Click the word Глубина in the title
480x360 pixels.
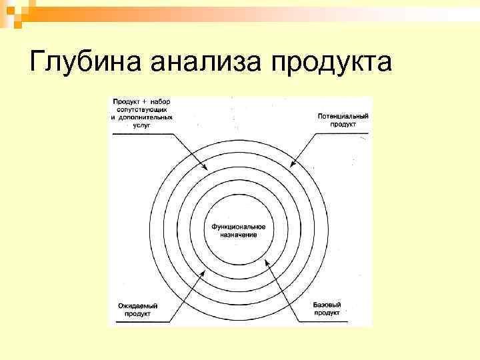(x=82, y=63)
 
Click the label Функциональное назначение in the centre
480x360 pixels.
(x=239, y=231)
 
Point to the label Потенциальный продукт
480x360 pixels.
(x=343, y=120)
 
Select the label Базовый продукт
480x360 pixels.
(x=326, y=309)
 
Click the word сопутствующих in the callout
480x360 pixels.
(x=142, y=108)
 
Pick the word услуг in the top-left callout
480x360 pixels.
(x=142, y=124)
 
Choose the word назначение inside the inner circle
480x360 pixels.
(x=239, y=235)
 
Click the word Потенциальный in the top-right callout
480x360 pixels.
(x=343, y=116)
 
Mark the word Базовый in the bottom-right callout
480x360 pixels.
(x=326, y=305)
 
